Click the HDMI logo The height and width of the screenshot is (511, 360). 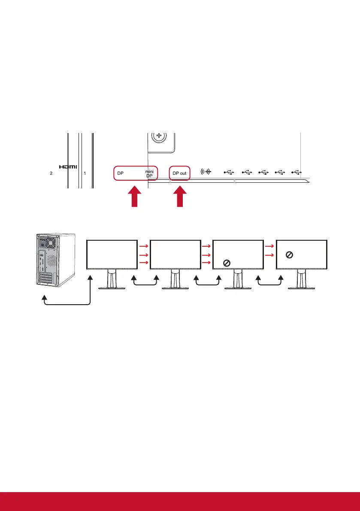[x=68, y=167]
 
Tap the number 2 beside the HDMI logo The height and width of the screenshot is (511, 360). [x=51, y=174]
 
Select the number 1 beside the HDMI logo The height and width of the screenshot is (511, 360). [x=85, y=174]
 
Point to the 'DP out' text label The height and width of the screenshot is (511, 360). [x=179, y=173]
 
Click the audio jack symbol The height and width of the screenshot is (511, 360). [x=206, y=172]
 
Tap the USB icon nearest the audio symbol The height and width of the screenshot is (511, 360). [x=229, y=172]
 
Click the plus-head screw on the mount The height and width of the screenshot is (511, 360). [x=160, y=137]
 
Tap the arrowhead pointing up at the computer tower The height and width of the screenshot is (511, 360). [x=44, y=297]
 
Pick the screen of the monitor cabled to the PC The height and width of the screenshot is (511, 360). [x=112, y=254]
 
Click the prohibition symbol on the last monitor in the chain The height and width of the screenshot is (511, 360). [x=289, y=255]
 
